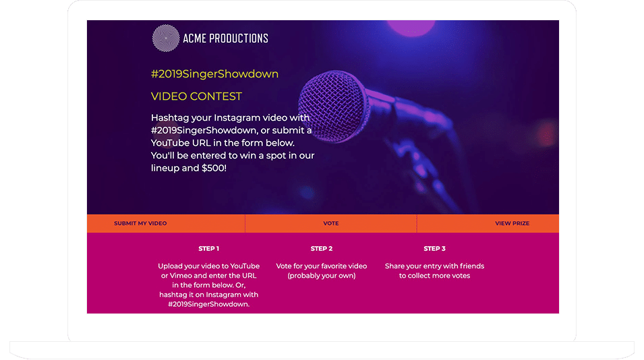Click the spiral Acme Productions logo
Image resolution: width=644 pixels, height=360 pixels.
coord(166,38)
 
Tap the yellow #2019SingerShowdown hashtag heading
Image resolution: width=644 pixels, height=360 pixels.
coord(214,74)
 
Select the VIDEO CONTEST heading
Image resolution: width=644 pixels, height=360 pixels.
coord(196,96)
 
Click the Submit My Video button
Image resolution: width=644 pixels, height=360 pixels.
coord(140,223)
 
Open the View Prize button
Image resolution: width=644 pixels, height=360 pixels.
coord(512,223)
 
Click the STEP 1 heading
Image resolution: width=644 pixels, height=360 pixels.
coord(208,249)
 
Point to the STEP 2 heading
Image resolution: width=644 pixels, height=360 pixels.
coord(321,249)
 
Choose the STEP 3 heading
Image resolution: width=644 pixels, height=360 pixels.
coord(434,249)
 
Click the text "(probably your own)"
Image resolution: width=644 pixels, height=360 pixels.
coord(321,276)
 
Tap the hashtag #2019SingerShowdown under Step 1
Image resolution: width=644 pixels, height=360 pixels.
coord(208,304)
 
